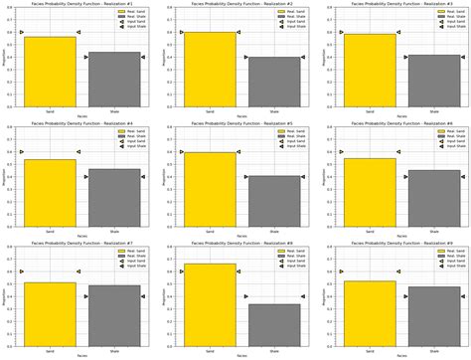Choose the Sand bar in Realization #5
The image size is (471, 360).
click(x=210, y=189)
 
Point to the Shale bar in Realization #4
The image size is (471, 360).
click(x=114, y=197)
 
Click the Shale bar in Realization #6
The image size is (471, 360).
click(x=433, y=198)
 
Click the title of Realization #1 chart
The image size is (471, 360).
click(x=81, y=5)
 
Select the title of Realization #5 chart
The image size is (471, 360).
click(x=241, y=123)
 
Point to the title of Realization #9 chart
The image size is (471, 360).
click(x=400, y=243)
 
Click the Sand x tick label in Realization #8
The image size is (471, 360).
click(x=210, y=351)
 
